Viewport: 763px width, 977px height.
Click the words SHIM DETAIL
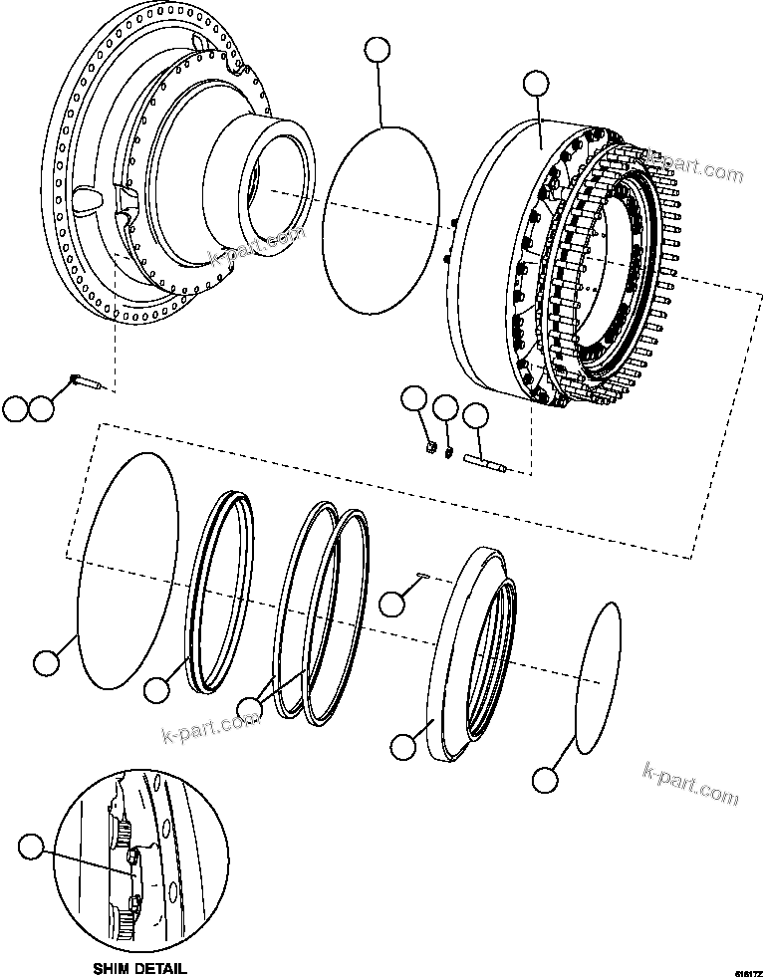138,967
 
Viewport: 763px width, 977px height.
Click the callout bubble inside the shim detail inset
32,848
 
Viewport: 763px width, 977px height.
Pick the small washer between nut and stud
449,454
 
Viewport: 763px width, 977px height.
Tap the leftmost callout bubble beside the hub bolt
14,408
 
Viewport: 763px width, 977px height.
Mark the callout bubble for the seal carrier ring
403,746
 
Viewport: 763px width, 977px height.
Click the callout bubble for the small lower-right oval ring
544,780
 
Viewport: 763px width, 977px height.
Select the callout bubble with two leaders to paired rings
250,710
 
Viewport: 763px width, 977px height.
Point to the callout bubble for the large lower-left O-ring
46,663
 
